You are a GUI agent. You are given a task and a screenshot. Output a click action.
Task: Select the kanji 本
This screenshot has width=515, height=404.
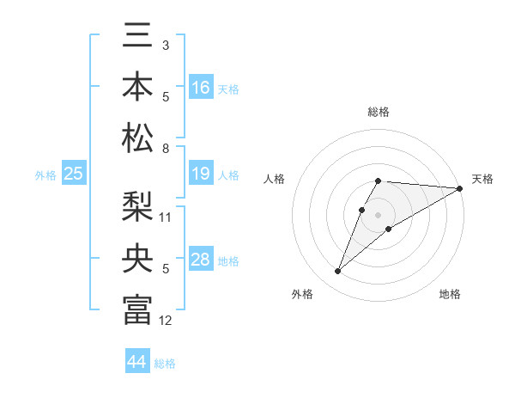click(137, 87)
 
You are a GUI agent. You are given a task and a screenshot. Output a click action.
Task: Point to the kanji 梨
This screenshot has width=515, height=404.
click(137, 209)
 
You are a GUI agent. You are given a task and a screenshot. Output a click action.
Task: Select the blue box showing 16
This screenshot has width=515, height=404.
click(201, 88)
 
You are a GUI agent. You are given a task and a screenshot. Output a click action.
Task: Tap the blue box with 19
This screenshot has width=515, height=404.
click(201, 174)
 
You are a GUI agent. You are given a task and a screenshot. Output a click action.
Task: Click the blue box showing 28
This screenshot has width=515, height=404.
click(201, 260)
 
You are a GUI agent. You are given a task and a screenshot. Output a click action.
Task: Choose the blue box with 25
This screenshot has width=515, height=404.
click(74, 174)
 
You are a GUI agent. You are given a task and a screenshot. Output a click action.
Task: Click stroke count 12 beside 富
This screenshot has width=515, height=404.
click(166, 321)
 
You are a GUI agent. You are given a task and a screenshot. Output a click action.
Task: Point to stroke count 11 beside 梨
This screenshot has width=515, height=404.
click(166, 216)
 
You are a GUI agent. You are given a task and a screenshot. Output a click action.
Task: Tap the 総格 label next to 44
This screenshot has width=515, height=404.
click(165, 364)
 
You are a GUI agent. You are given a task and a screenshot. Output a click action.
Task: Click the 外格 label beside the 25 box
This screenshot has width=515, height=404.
click(45, 175)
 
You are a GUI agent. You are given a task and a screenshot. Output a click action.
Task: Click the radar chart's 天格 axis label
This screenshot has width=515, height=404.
click(482, 179)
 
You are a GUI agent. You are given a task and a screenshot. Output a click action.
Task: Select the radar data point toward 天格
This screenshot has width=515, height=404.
click(460, 188)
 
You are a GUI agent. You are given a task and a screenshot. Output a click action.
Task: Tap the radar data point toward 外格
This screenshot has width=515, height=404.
click(338, 272)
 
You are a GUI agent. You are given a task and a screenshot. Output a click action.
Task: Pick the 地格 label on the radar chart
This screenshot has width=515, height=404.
click(450, 294)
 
